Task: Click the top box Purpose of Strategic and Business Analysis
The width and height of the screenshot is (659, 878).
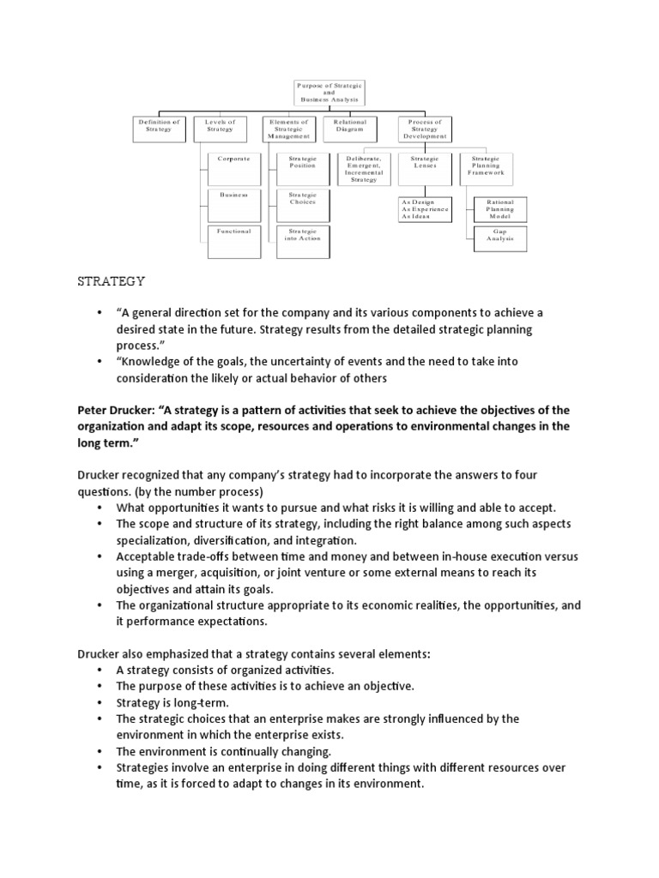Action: coord(329,93)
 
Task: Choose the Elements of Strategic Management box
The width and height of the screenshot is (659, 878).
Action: coord(290,129)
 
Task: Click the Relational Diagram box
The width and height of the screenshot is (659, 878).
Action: coord(349,125)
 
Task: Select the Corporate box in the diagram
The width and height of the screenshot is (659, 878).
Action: coord(233,159)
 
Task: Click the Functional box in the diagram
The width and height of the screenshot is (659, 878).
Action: coord(233,232)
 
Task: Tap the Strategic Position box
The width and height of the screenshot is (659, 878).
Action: coord(302,163)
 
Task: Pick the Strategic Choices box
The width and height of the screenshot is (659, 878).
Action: coord(302,198)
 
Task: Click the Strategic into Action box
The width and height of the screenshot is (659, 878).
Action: coord(302,234)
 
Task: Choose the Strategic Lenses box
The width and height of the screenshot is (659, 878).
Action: coord(425,163)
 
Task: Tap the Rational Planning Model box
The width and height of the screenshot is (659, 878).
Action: coord(499,208)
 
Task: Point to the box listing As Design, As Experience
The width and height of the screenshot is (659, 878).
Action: coord(425,208)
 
